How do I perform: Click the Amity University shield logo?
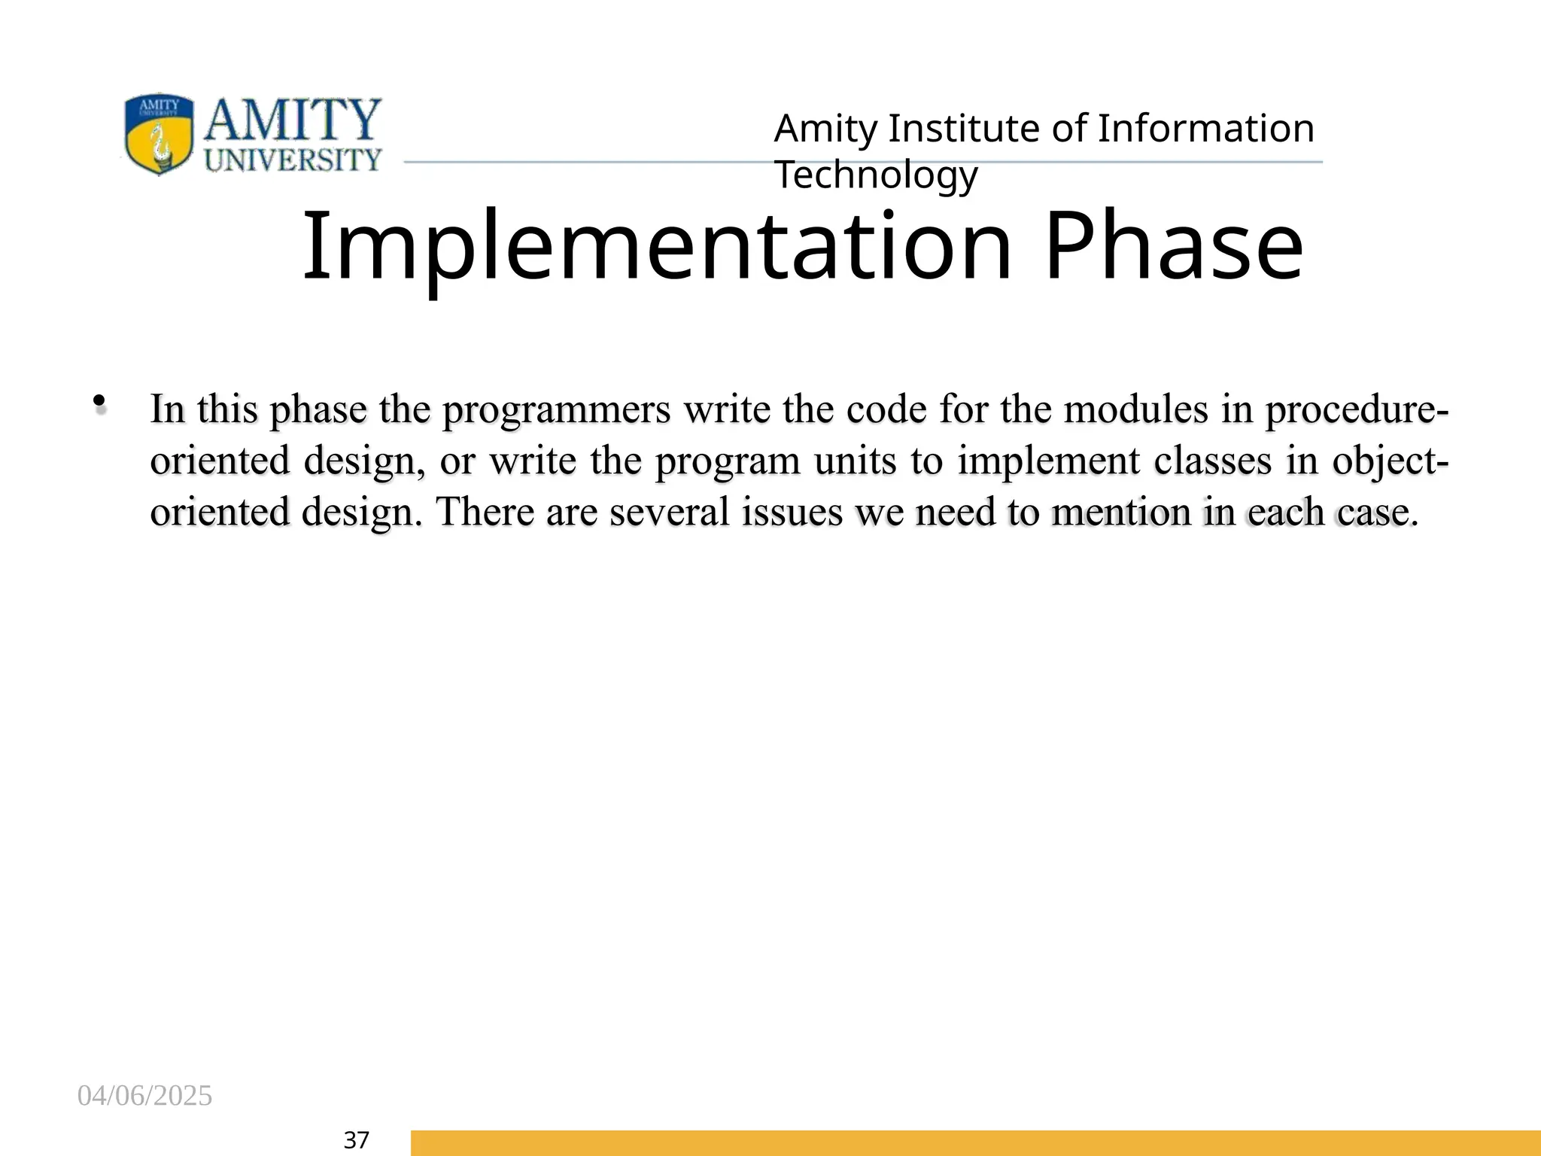(x=159, y=134)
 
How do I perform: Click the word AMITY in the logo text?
(x=293, y=120)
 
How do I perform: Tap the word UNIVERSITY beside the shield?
(x=293, y=160)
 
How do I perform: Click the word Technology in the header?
(x=876, y=175)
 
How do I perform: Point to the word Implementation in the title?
(x=656, y=247)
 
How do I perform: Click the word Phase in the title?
(x=1174, y=247)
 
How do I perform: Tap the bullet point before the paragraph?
(x=99, y=403)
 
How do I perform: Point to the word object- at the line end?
(x=1389, y=461)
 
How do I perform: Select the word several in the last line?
(x=670, y=513)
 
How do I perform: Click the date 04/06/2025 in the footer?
(x=144, y=1096)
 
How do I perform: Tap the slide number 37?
(x=356, y=1140)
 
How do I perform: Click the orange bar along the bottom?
(x=975, y=1142)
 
